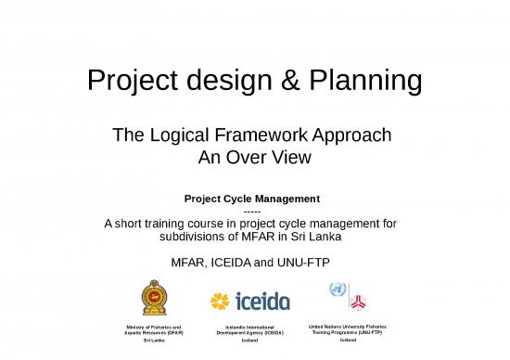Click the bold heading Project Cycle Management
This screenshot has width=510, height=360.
[x=252, y=199]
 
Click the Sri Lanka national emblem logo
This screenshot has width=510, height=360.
[x=155, y=298]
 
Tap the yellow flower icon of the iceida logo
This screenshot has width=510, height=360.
[x=220, y=301]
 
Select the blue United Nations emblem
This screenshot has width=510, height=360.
[x=338, y=290]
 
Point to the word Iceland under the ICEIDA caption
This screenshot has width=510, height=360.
[x=249, y=341]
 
